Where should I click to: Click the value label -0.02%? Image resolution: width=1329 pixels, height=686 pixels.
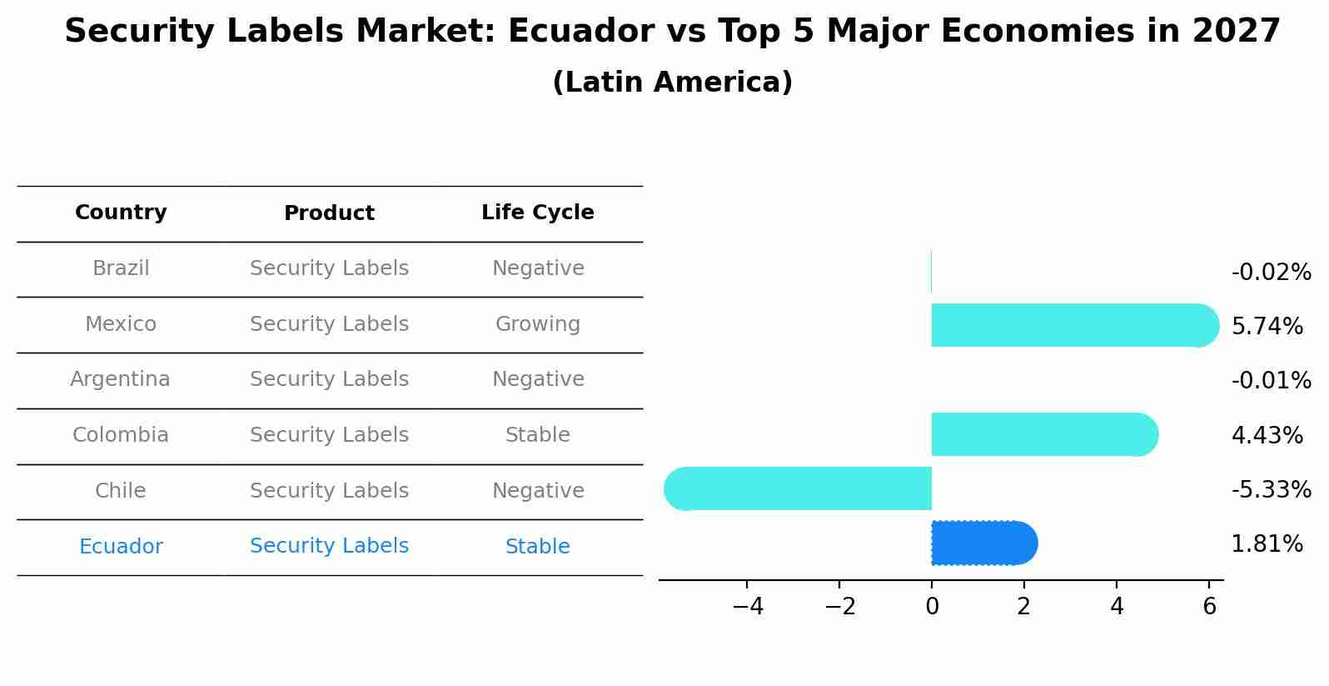tap(1271, 273)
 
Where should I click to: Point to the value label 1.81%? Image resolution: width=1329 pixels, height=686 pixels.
tap(1267, 544)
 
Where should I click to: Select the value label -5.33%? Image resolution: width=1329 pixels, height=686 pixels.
tap(1271, 489)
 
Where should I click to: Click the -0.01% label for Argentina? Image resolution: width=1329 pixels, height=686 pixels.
tap(1271, 380)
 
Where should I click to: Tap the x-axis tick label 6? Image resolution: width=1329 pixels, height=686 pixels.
tap(1210, 607)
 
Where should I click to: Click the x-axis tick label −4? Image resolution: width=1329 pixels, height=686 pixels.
tap(748, 607)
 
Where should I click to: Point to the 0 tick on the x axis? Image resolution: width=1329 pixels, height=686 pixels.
tap(932, 607)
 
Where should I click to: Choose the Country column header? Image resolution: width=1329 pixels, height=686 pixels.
tap(121, 213)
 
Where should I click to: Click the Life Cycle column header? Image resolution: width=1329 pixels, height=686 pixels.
tap(537, 213)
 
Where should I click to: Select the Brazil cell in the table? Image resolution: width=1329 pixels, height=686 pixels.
tap(121, 268)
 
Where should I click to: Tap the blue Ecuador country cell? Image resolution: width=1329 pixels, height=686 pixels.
tap(121, 547)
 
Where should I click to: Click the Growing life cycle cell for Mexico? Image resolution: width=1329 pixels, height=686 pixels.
tap(537, 324)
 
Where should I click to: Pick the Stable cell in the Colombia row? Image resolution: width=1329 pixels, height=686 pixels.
tap(537, 435)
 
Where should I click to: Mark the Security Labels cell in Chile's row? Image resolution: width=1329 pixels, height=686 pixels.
tap(329, 491)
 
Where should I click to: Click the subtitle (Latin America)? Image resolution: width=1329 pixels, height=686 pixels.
tap(672, 83)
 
